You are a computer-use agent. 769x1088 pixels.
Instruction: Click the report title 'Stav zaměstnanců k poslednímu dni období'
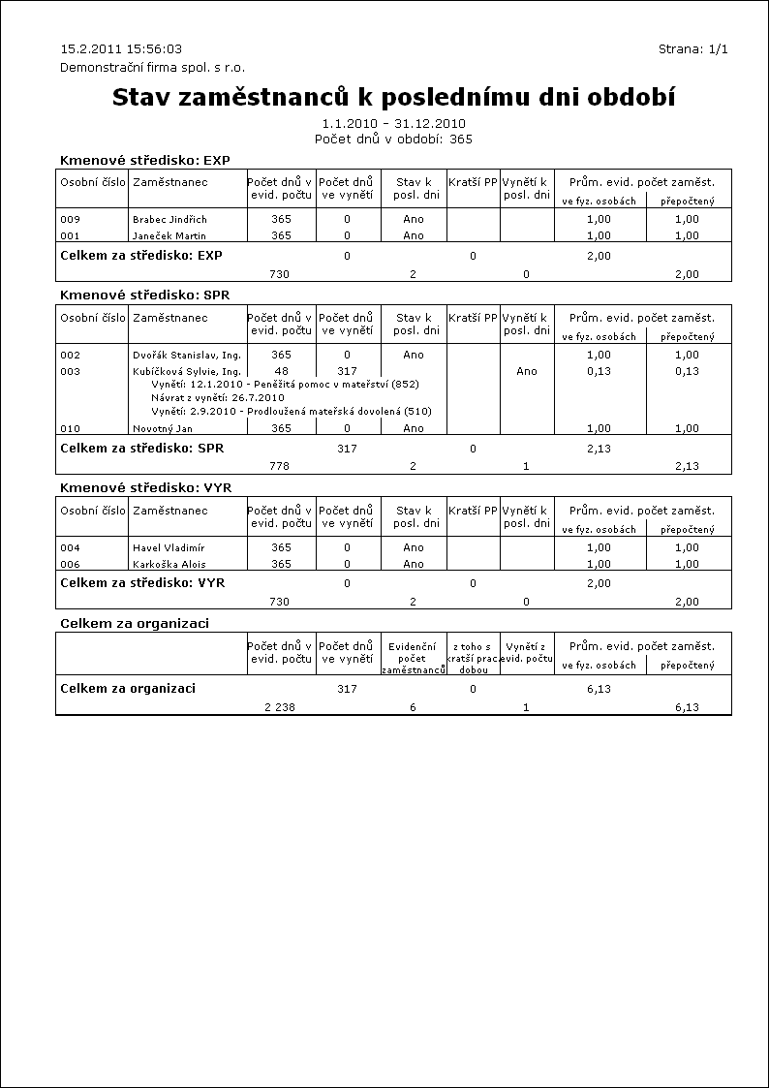tap(393, 98)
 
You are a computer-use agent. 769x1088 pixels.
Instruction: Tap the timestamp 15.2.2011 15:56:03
tap(121, 48)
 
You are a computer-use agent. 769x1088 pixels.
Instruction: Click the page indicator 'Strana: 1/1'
tap(692, 48)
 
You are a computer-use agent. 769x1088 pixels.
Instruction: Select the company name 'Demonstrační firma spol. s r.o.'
tap(152, 67)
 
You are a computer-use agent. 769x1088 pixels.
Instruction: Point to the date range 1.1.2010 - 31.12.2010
tap(393, 124)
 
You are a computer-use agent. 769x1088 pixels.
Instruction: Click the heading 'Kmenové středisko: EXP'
tap(144, 160)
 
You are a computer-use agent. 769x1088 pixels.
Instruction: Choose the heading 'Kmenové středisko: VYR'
tap(145, 487)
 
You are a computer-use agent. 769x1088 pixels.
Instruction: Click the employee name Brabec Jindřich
tap(169, 219)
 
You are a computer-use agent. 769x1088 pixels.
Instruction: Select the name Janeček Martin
tap(169, 235)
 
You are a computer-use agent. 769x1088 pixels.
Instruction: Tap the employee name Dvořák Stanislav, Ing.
tap(186, 356)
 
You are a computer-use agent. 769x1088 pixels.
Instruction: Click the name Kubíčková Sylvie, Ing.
tap(186, 371)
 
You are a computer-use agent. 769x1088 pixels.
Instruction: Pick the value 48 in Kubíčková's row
tap(281, 371)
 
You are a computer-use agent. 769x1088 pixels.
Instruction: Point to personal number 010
tap(70, 428)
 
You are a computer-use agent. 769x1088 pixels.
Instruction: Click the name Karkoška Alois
tap(169, 564)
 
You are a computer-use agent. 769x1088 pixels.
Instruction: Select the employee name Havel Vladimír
tap(168, 548)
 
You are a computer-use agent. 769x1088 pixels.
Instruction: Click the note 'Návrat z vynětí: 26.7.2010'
tap(217, 397)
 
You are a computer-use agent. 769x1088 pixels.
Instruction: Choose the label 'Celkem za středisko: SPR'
tap(141, 449)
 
